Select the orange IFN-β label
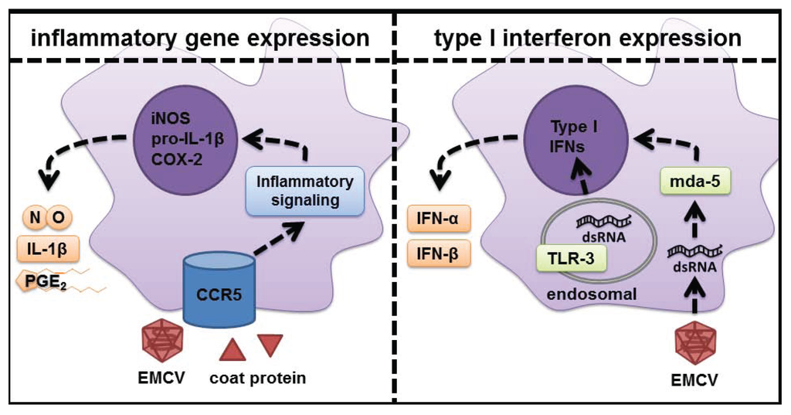(438, 252)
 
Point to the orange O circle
(59, 219)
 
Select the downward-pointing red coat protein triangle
(272, 342)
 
